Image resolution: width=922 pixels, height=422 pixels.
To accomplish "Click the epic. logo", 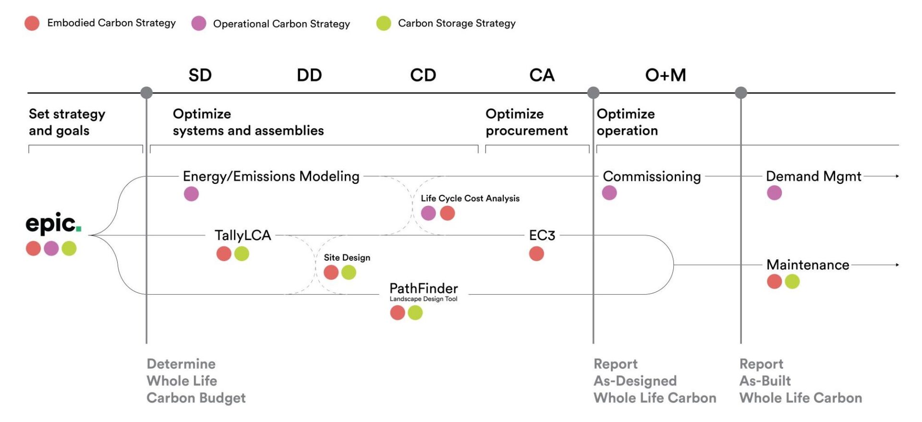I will (x=53, y=224).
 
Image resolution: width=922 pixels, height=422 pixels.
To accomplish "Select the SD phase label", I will (x=200, y=75).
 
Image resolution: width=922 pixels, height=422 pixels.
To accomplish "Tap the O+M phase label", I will (x=665, y=75).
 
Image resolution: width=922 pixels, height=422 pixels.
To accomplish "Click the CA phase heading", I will (x=542, y=75).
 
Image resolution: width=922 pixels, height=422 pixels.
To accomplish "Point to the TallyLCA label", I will (x=243, y=235).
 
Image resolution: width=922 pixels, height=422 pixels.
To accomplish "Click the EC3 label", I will (x=542, y=235).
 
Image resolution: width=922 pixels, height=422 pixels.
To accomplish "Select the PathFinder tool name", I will (x=424, y=289).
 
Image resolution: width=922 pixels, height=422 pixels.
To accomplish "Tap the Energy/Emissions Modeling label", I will (x=271, y=176).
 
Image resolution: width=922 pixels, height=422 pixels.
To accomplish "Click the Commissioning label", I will (x=652, y=176).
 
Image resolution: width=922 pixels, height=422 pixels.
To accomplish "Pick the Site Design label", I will (x=347, y=257).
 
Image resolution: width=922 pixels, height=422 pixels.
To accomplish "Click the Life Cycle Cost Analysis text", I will (x=470, y=198).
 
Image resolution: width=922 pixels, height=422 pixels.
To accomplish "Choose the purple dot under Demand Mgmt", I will (x=774, y=193).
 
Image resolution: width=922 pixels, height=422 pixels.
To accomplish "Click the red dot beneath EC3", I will (x=536, y=253).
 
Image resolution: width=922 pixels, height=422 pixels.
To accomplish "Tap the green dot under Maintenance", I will (x=792, y=281).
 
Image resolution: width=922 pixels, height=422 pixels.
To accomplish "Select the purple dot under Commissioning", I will (x=609, y=193).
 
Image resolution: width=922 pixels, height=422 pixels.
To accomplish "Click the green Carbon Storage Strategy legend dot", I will (x=384, y=23).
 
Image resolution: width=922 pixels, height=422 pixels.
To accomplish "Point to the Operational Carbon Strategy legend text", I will (x=281, y=24).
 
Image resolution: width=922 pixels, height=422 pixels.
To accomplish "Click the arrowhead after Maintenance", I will (x=897, y=265).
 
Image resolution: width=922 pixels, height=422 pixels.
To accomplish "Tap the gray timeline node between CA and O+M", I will (x=594, y=93).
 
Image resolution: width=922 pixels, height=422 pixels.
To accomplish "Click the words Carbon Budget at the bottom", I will (x=196, y=398).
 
